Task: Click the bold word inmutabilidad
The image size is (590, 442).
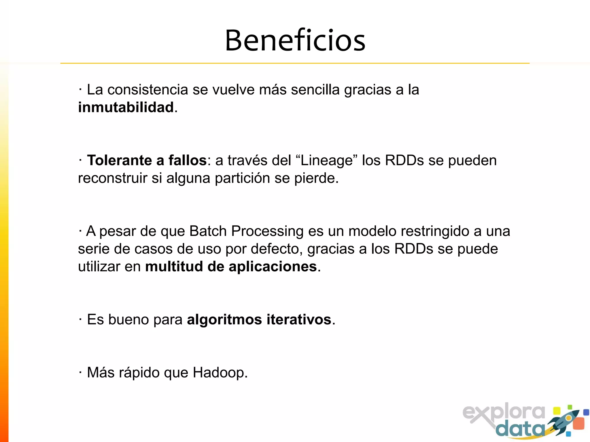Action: point(126,108)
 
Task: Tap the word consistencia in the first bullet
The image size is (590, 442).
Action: point(148,90)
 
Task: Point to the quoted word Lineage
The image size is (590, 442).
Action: point(327,161)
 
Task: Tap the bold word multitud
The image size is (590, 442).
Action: point(174,266)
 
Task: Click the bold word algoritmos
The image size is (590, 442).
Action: point(224,320)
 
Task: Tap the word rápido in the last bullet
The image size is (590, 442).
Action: point(139,373)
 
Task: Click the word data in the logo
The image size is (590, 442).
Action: point(521,429)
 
